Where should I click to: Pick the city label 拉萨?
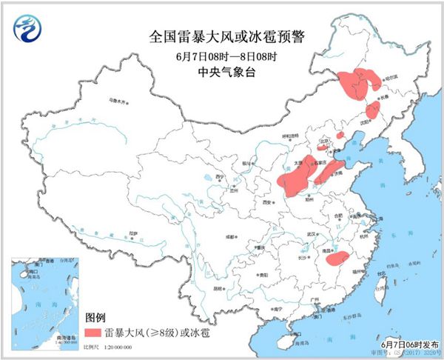pos(133,232)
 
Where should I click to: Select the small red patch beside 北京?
pos(340,136)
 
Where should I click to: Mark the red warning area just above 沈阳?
pos(373,110)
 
